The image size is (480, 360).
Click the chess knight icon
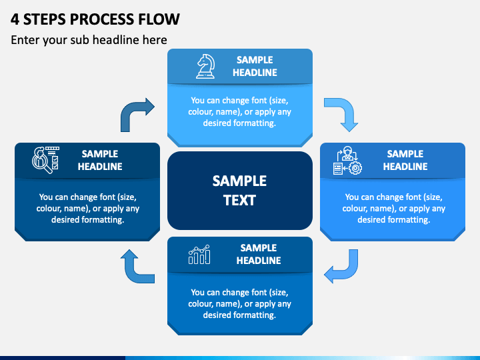205,67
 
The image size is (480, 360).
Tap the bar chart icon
199,255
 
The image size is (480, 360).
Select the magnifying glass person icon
45,160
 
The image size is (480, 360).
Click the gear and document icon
347,161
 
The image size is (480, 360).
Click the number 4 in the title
15,19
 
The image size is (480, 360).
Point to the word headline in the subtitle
116,40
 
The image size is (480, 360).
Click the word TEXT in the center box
239,201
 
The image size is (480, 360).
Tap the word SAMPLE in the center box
239,181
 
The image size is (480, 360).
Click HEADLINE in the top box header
255,73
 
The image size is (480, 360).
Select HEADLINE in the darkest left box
100,167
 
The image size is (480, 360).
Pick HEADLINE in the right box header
405,167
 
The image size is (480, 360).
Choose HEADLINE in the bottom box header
259,261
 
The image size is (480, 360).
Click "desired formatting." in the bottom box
239,315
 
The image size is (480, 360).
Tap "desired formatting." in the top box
239,123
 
